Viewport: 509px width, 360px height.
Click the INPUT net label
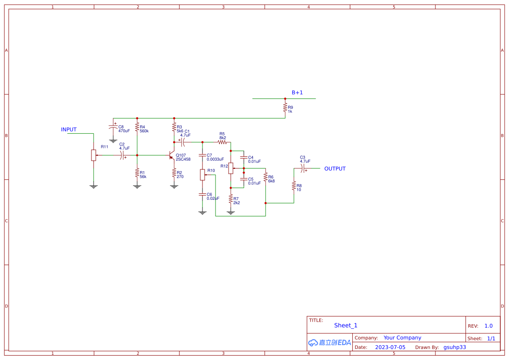tap(69, 130)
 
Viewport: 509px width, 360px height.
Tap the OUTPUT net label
tap(335, 169)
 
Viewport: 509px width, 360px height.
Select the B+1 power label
tap(297, 93)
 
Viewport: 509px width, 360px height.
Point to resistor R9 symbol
tap(285, 108)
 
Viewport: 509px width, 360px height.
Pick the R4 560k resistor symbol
tap(137, 127)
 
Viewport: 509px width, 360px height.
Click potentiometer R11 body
tap(94, 155)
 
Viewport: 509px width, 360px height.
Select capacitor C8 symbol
tap(113, 127)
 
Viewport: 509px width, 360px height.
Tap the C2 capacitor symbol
tap(122, 155)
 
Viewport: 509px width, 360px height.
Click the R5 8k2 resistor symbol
tap(222, 142)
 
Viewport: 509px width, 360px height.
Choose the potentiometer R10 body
tap(202, 175)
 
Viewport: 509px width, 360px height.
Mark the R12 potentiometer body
tap(231, 168)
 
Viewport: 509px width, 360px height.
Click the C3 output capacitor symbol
tap(303, 168)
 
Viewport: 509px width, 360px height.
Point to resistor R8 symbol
tap(294, 186)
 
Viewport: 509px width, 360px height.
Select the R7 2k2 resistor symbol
tap(231, 199)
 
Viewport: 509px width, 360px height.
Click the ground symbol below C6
tap(202, 212)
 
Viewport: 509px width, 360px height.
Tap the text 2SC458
tap(183, 159)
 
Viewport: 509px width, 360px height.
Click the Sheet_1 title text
tap(346, 326)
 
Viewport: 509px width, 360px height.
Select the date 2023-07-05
tap(390, 347)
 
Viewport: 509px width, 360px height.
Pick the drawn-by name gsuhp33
tap(455, 347)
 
